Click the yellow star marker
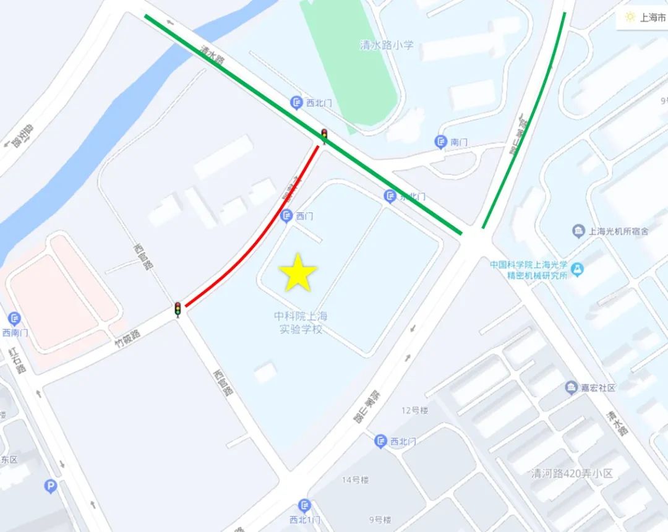[298, 273]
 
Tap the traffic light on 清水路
[323, 135]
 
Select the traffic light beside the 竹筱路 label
[178, 309]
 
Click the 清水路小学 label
[387, 45]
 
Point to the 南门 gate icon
[440, 142]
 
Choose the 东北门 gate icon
[390, 197]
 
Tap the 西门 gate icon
[286, 216]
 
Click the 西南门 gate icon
[14, 319]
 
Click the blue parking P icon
[51, 487]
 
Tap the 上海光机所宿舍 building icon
[578, 231]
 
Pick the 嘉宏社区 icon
[571, 388]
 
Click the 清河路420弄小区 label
[572, 473]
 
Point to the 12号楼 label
[414, 410]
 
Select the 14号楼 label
[355, 479]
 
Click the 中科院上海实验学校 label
[301, 322]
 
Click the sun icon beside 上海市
[630, 17]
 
